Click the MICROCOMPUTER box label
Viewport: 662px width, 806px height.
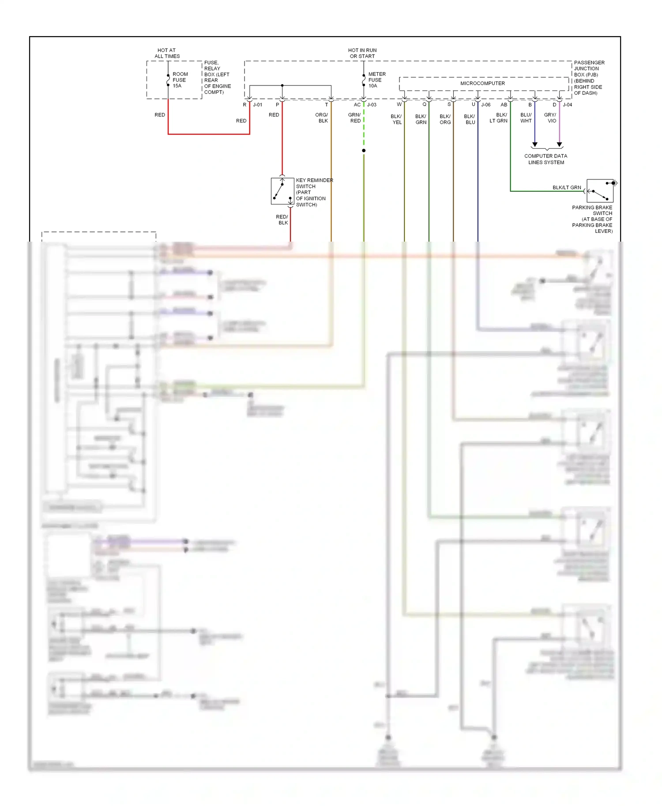[482, 83]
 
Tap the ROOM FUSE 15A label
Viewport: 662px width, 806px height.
[180, 80]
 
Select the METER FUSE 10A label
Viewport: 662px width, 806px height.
[376, 80]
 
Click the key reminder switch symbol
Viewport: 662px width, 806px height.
[282, 191]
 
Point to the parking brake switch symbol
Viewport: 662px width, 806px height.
[600, 190]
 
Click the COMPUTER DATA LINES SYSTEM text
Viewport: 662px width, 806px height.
[546, 159]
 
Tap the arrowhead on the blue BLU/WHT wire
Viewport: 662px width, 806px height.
[534, 144]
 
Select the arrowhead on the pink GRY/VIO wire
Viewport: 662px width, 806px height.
[559, 144]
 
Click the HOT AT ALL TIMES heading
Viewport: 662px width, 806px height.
[167, 53]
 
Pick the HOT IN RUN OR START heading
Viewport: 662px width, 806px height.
[362, 53]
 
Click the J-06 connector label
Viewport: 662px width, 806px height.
[485, 105]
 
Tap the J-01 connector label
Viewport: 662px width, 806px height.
[257, 105]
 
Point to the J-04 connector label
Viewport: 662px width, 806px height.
[567, 105]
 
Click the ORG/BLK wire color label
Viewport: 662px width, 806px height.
[322, 118]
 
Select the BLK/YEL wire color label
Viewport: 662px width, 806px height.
[396, 119]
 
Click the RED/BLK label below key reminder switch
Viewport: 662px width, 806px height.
[282, 220]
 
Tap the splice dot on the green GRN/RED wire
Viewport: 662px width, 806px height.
[364, 151]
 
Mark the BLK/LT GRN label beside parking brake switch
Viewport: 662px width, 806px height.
[567, 187]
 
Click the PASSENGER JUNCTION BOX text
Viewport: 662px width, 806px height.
[589, 78]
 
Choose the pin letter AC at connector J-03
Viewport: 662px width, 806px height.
[357, 105]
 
